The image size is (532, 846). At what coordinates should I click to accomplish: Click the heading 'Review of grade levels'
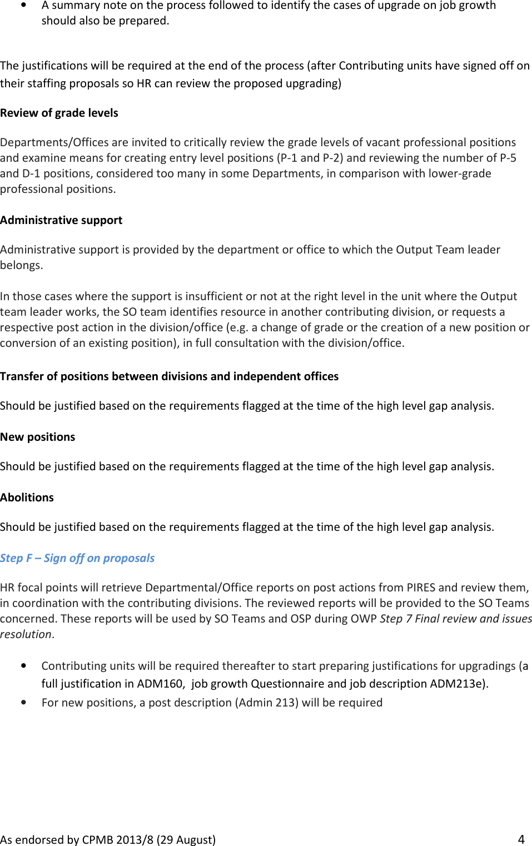[x=59, y=113]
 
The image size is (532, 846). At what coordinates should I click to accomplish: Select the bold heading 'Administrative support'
[x=61, y=220]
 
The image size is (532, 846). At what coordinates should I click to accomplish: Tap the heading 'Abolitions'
[x=27, y=497]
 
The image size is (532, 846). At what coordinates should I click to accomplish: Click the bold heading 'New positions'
[x=37, y=437]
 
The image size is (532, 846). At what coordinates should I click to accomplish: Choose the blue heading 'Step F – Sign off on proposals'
[x=77, y=558]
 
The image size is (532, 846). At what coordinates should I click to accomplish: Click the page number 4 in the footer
[x=521, y=839]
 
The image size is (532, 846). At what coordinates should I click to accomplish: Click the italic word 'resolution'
[x=26, y=634]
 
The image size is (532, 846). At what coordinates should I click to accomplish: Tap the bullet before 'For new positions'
[x=23, y=703]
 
